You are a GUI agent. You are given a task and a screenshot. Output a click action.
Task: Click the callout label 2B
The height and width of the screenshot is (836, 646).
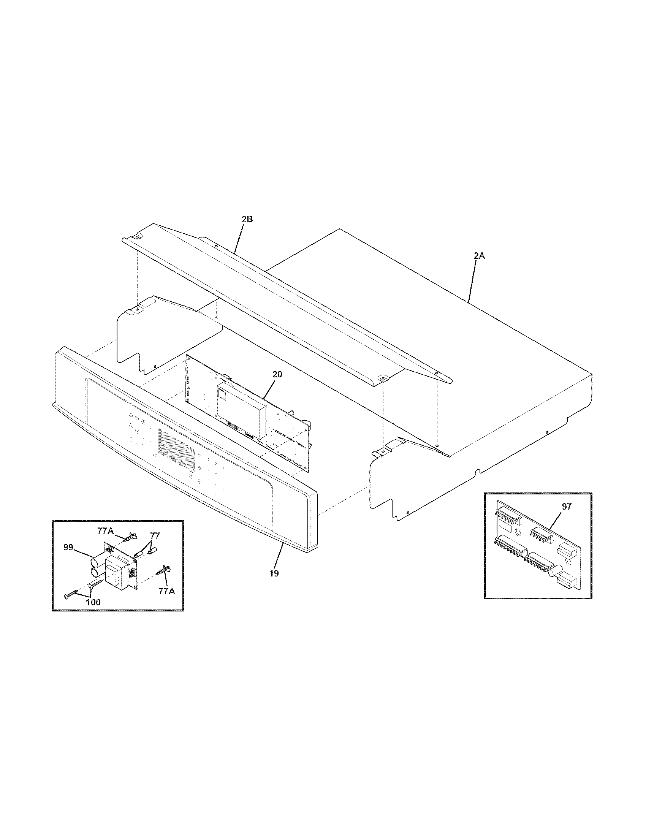coord(247,220)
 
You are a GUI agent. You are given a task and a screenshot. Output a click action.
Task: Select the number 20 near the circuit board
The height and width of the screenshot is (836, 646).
coord(277,374)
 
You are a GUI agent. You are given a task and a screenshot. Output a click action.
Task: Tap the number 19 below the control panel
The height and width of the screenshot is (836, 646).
coord(274,573)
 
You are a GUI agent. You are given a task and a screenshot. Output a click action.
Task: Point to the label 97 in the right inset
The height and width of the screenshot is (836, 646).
coord(567,507)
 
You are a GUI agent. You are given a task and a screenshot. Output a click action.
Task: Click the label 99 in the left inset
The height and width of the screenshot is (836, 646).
coord(68,547)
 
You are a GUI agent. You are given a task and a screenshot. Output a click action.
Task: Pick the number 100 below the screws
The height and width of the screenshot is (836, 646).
coord(93,602)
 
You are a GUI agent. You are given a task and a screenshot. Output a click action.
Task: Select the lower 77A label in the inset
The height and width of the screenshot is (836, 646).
coord(167,591)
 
